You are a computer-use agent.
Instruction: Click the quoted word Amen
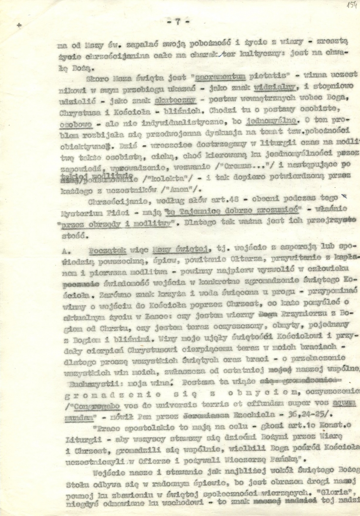161,186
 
